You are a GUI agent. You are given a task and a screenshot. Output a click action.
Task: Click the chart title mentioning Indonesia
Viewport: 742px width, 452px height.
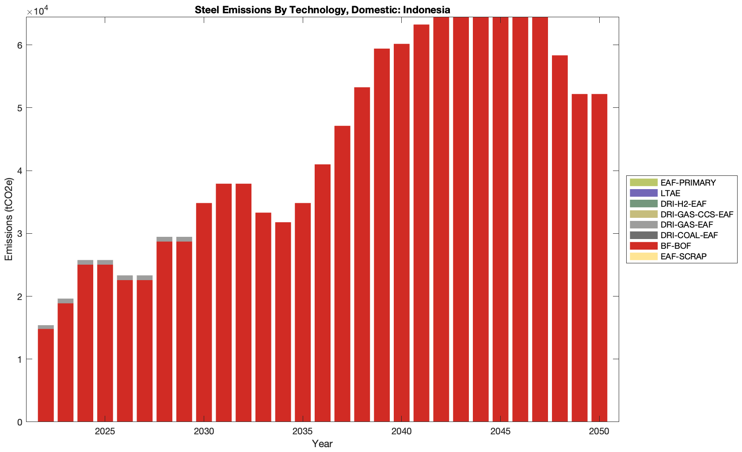coord(322,10)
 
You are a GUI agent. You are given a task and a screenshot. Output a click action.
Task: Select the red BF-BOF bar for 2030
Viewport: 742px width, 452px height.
coord(204,309)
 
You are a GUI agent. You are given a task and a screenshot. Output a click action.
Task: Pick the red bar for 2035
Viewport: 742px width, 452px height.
coord(303,309)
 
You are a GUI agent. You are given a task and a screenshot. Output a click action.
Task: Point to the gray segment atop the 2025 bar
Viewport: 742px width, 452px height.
coord(105,262)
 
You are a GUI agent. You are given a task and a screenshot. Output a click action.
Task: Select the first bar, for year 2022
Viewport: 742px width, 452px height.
coord(46,376)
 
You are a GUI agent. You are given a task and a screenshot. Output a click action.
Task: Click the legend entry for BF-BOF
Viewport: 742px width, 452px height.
coord(675,246)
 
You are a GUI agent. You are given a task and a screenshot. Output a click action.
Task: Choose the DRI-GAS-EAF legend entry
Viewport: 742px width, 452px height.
coord(686,225)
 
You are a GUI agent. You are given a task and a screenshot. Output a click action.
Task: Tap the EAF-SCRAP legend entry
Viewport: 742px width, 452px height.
coord(683,257)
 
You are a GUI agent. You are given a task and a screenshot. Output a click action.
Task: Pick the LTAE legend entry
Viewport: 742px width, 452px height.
coord(670,194)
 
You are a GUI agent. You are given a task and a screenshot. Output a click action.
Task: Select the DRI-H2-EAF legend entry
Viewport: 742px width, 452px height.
coord(683,204)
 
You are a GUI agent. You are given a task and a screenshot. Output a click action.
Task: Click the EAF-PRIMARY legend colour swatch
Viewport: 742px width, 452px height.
coord(643,182)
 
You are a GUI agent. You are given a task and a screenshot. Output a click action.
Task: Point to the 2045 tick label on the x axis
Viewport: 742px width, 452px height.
coord(500,432)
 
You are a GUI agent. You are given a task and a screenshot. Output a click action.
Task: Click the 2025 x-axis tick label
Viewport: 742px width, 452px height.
coord(105,432)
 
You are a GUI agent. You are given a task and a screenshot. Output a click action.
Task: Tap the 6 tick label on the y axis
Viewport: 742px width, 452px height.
coord(19,45)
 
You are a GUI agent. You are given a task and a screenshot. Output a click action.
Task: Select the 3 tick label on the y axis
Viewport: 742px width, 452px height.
coord(19,234)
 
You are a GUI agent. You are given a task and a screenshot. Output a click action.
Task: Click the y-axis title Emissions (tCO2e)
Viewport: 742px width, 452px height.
coord(9,219)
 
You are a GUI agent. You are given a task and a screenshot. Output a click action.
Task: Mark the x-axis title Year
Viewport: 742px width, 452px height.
coord(322,444)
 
